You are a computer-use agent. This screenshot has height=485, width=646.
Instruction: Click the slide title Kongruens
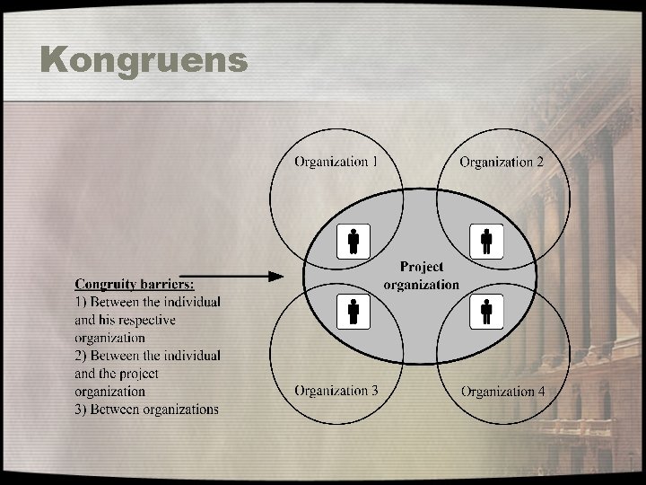(x=144, y=60)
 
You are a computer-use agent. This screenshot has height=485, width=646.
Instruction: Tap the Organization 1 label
(x=336, y=162)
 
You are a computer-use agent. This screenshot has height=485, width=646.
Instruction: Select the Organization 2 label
(x=501, y=162)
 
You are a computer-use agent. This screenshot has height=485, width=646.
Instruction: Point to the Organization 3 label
(x=336, y=391)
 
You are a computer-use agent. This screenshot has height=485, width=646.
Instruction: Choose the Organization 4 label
(x=502, y=392)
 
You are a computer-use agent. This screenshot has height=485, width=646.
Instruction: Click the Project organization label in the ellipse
(x=421, y=276)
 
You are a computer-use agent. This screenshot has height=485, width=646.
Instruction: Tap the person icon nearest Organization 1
(x=354, y=241)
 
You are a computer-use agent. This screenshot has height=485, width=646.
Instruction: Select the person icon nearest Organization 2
(x=486, y=241)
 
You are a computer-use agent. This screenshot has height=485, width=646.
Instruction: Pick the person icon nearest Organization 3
(x=354, y=310)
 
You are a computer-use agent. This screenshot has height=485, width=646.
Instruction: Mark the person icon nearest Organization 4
(x=486, y=311)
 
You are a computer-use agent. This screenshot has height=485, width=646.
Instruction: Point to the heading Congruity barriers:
(x=135, y=284)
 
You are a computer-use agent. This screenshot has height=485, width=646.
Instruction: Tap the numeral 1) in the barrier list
(x=81, y=302)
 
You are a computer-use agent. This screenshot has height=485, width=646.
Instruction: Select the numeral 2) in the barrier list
(x=81, y=356)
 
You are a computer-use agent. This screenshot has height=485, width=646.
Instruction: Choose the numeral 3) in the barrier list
(x=81, y=410)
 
